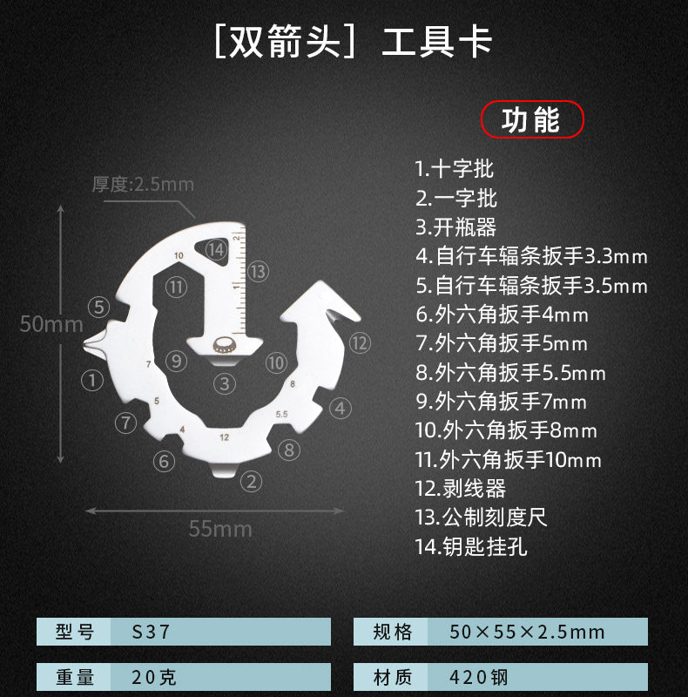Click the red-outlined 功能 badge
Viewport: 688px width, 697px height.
(x=531, y=119)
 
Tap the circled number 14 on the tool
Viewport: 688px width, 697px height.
(x=217, y=250)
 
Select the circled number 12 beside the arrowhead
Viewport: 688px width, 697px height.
(x=360, y=342)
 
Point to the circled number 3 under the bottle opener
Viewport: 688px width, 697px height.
(x=226, y=383)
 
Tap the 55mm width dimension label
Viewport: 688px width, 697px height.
(x=220, y=529)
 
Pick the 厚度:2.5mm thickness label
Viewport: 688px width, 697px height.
(x=144, y=185)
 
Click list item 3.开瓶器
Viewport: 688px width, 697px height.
(x=455, y=227)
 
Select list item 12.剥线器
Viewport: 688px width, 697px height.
(x=460, y=488)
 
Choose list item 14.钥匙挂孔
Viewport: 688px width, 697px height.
(x=471, y=546)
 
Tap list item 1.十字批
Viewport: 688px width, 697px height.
(x=455, y=169)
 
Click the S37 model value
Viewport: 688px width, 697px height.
(x=152, y=632)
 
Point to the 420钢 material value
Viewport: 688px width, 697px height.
(x=479, y=676)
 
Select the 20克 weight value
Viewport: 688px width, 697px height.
(x=154, y=676)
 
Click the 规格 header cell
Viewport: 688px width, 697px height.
(x=392, y=632)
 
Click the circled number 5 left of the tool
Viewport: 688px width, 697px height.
(x=98, y=307)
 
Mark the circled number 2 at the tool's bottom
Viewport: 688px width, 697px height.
(x=251, y=481)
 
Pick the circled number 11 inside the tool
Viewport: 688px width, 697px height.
(x=177, y=287)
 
